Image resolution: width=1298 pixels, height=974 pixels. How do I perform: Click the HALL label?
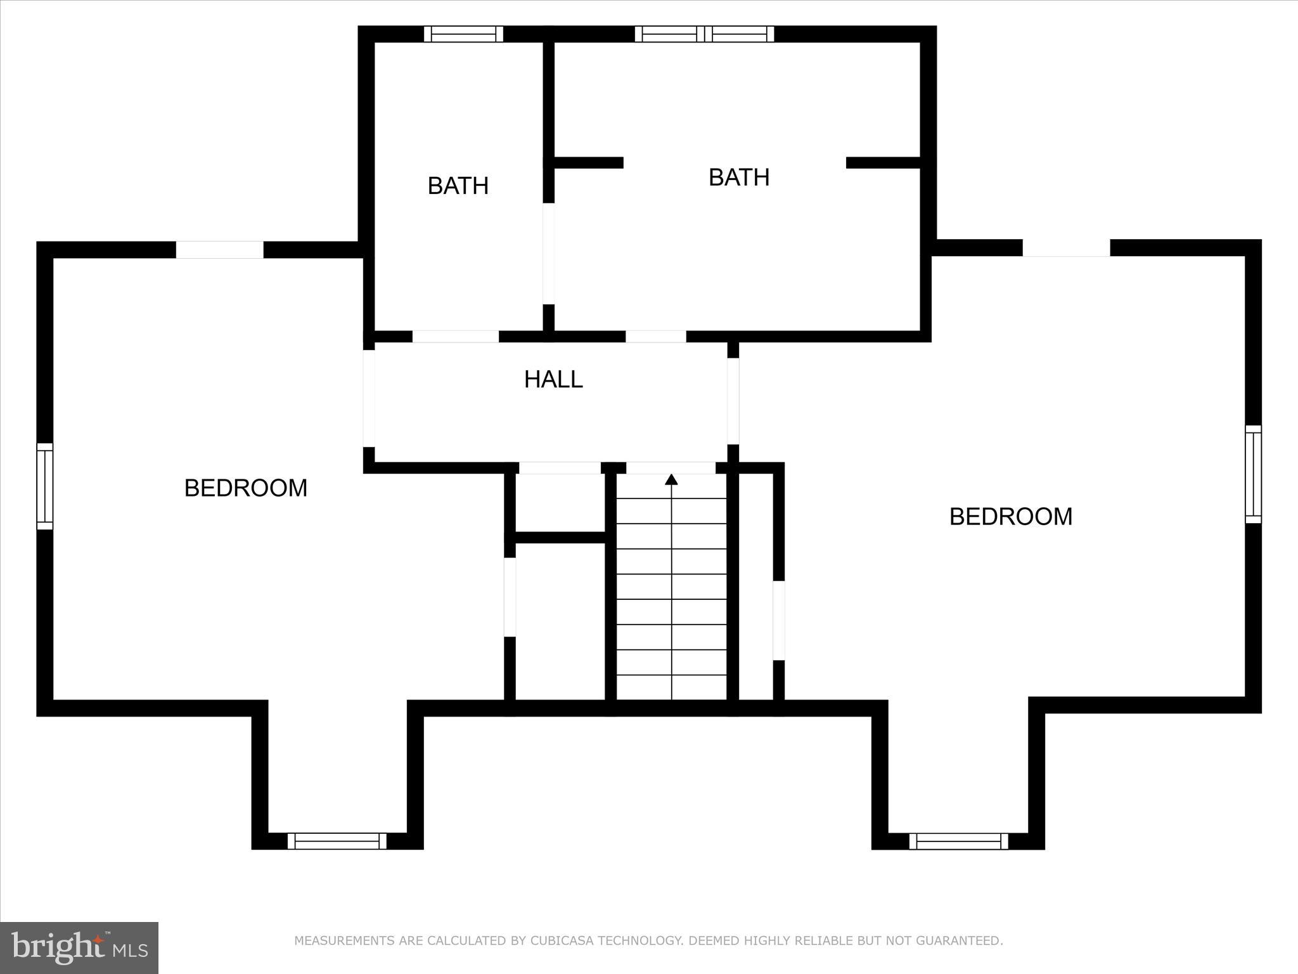click(553, 379)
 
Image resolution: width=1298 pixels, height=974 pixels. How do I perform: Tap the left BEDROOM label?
click(245, 488)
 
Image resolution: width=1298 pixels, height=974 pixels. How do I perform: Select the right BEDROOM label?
click(1010, 517)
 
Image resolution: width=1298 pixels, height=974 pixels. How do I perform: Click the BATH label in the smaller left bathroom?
click(458, 186)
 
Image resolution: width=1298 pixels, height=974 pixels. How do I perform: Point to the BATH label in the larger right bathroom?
click(738, 178)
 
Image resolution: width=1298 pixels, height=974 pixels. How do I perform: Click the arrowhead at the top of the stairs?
click(671, 479)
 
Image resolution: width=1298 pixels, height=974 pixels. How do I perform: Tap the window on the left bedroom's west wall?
click(44, 486)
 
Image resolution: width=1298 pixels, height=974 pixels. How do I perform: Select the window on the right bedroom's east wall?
click(1253, 474)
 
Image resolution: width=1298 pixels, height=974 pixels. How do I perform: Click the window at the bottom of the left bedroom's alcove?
click(337, 841)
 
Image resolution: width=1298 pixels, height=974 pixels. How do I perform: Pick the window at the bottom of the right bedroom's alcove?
click(958, 841)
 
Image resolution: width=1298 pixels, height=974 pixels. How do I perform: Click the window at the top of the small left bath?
click(463, 34)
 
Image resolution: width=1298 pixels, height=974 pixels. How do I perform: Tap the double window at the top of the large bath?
click(704, 34)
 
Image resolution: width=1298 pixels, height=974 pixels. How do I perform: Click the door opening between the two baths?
click(549, 254)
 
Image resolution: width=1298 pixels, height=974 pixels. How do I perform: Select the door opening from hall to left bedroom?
click(369, 398)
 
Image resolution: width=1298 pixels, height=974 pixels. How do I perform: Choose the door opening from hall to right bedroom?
click(733, 401)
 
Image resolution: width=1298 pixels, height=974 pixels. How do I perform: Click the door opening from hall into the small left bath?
click(456, 337)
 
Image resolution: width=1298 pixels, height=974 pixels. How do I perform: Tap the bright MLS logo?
click(79, 947)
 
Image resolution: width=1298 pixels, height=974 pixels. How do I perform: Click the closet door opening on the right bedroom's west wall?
click(779, 620)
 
